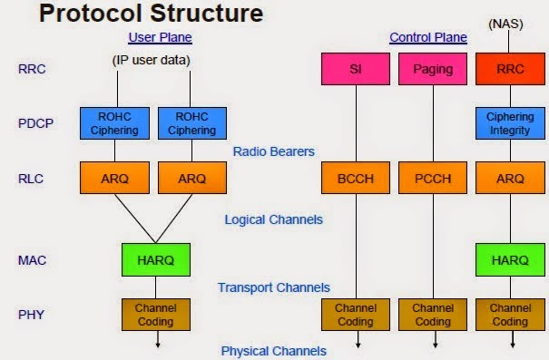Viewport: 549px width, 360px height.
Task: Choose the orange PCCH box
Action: coord(433,179)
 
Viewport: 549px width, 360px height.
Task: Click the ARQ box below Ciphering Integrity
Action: coord(510,179)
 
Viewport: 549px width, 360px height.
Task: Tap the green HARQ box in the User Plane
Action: coord(155,259)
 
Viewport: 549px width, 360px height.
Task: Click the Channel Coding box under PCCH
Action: coord(433,314)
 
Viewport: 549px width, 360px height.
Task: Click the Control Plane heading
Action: coord(428,37)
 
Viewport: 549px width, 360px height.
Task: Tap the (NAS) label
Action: coord(509,22)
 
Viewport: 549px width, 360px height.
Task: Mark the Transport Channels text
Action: coord(273,287)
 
